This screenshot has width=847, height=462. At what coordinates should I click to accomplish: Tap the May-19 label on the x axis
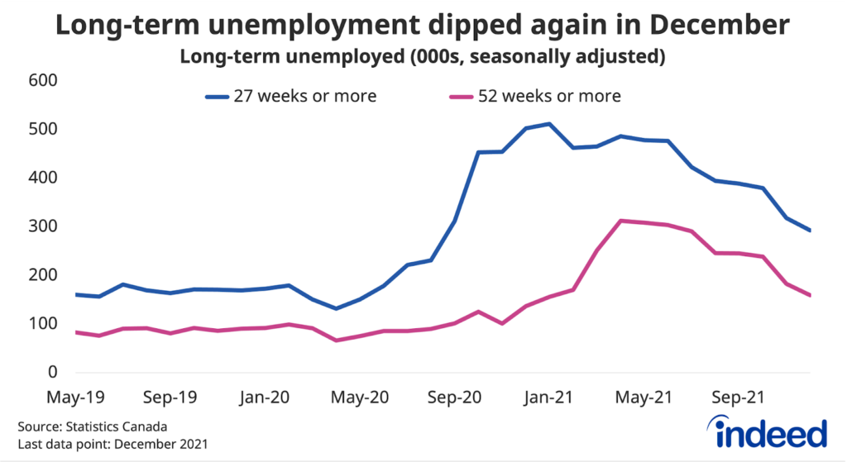coord(76,397)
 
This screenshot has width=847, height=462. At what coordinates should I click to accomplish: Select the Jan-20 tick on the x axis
coord(264,397)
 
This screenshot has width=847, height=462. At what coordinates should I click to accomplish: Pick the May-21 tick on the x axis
coord(643,397)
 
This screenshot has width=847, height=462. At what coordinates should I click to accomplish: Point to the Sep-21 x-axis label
coord(738,397)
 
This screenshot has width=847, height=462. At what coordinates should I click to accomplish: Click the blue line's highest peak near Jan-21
coord(549,124)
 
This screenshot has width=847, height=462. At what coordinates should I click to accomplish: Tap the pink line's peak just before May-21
coord(621,221)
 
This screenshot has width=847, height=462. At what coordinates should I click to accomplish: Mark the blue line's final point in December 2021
coord(810,231)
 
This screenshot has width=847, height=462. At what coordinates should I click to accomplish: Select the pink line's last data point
coord(810,295)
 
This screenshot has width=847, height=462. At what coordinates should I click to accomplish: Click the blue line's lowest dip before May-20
coord(336,308)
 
